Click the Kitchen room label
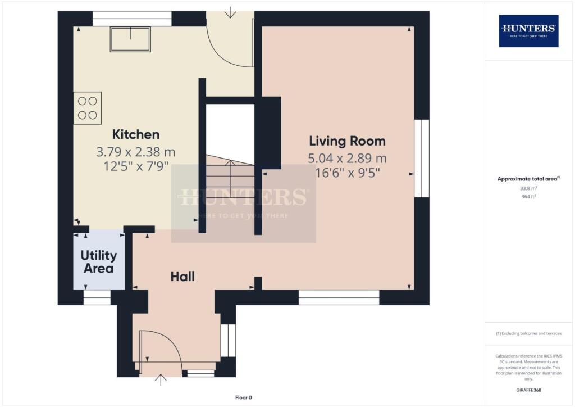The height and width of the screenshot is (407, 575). click(136, 134)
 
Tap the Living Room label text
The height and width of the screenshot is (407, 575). click(347, 141)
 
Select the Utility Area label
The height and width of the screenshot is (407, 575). click(99, 261)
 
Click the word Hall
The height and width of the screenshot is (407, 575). click(182, 276)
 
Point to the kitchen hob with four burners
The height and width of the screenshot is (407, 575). click(88, 108)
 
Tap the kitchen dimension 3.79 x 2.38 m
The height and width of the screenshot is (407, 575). click(136, 152)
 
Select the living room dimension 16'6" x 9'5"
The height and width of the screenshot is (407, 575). click(347, 173)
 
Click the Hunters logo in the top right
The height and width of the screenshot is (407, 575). click(528, 30)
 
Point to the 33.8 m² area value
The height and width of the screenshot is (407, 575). click(528, 189)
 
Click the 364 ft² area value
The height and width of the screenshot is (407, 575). click(528, 197)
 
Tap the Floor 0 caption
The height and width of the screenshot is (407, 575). click(243, 397)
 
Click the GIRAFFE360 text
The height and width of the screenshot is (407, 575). click(528, 390)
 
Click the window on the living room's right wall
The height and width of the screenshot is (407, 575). click(421, 158)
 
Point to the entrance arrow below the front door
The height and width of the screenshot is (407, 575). click(161, 381)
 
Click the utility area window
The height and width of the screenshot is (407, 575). click(97, 297)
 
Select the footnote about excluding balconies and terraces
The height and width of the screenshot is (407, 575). click(528, 333)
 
